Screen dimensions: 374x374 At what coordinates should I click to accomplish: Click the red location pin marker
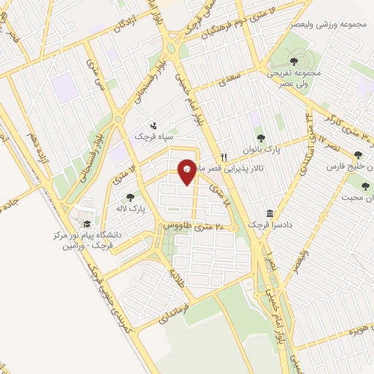[188, 171]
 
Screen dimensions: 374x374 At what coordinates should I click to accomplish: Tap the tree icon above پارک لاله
[130, 196]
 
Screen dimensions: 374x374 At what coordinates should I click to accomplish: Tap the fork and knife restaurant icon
[224, 156]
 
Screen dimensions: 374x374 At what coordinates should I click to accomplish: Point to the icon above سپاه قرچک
[153, 125]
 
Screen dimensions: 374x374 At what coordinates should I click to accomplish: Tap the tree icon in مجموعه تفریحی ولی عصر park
[293, 60]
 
